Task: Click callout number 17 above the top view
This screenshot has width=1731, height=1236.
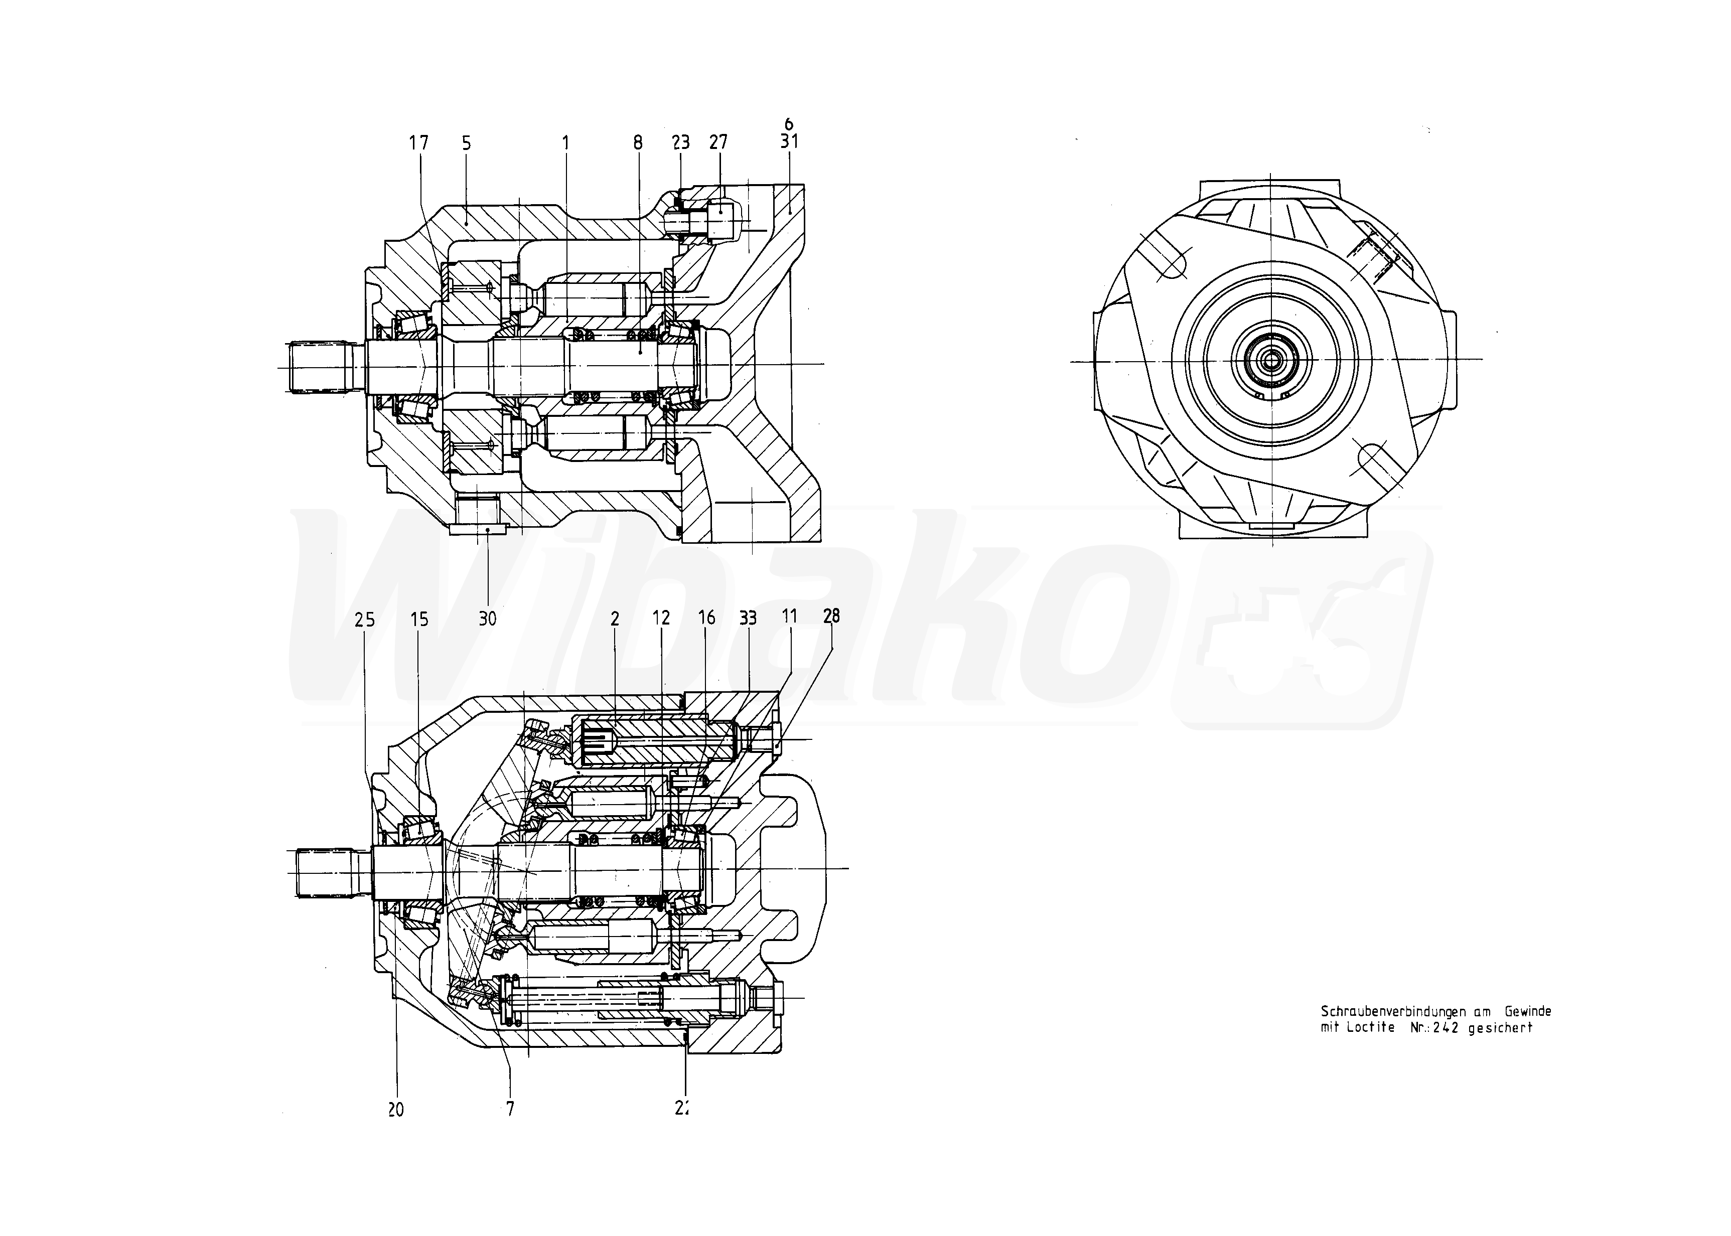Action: (x=418, y=142)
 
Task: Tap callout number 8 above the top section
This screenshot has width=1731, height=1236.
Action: (x=637, y=142)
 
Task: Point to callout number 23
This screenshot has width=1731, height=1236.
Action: (x=680, y=142)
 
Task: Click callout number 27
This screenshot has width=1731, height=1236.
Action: (x=718, y=142)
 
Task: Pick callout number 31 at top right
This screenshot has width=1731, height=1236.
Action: (x=789, y=141)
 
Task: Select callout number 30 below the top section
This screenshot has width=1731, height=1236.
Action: (x=487, y=619)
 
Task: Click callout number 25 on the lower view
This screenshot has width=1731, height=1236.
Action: (x=365, y=621)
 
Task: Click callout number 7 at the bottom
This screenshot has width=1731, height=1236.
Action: (x=510, y=1110)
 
